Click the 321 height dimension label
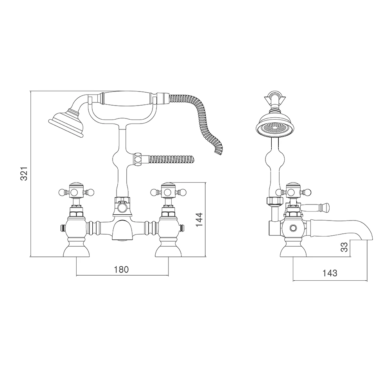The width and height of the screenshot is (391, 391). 23,173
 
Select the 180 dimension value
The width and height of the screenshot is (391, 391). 121,269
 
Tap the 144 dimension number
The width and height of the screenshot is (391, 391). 199,220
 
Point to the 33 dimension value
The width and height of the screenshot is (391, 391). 344,248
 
